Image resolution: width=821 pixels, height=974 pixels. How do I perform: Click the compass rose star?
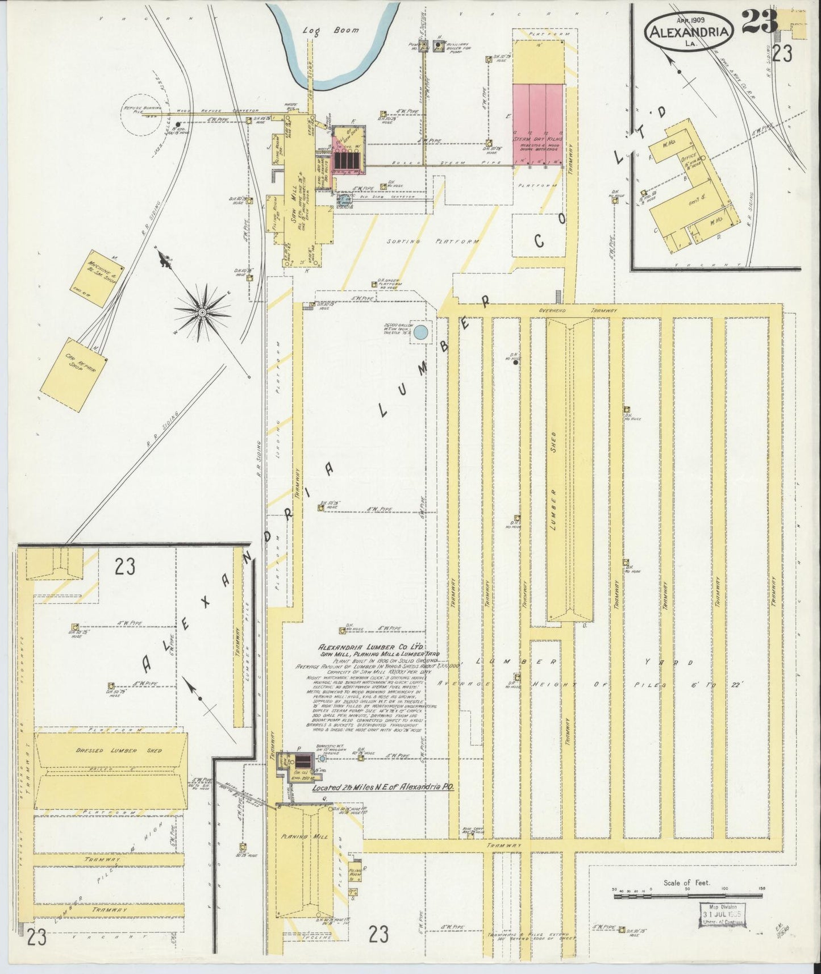pos(202,312)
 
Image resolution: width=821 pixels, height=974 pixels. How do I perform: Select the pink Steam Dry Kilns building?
pos(538,125)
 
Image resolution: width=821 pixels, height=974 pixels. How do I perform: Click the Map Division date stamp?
pos(723,915)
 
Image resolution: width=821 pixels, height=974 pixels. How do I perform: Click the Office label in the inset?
pos(690,160)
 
